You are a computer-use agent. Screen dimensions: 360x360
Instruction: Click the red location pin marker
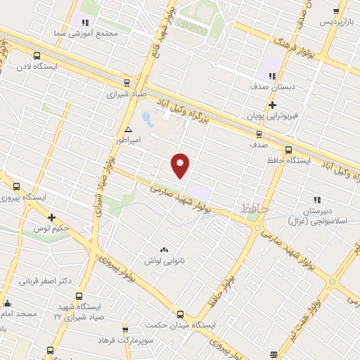click(181, 165)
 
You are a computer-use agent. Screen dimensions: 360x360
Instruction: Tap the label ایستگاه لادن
click(37, 67)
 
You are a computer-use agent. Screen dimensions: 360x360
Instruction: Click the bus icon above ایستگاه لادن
click(37, 56)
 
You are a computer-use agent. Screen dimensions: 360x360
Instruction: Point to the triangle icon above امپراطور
click(128, 130)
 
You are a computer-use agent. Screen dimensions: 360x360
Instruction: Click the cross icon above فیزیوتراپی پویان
click(272, 104)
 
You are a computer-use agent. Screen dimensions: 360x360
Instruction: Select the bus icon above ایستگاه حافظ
click(288, 149)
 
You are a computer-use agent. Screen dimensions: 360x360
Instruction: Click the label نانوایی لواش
click(165, 261)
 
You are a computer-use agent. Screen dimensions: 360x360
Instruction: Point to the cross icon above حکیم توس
click(51, 217)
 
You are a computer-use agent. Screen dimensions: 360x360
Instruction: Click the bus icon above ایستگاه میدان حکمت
click(180, 314)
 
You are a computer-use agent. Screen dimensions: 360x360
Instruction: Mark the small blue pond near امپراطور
click(146, 117)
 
